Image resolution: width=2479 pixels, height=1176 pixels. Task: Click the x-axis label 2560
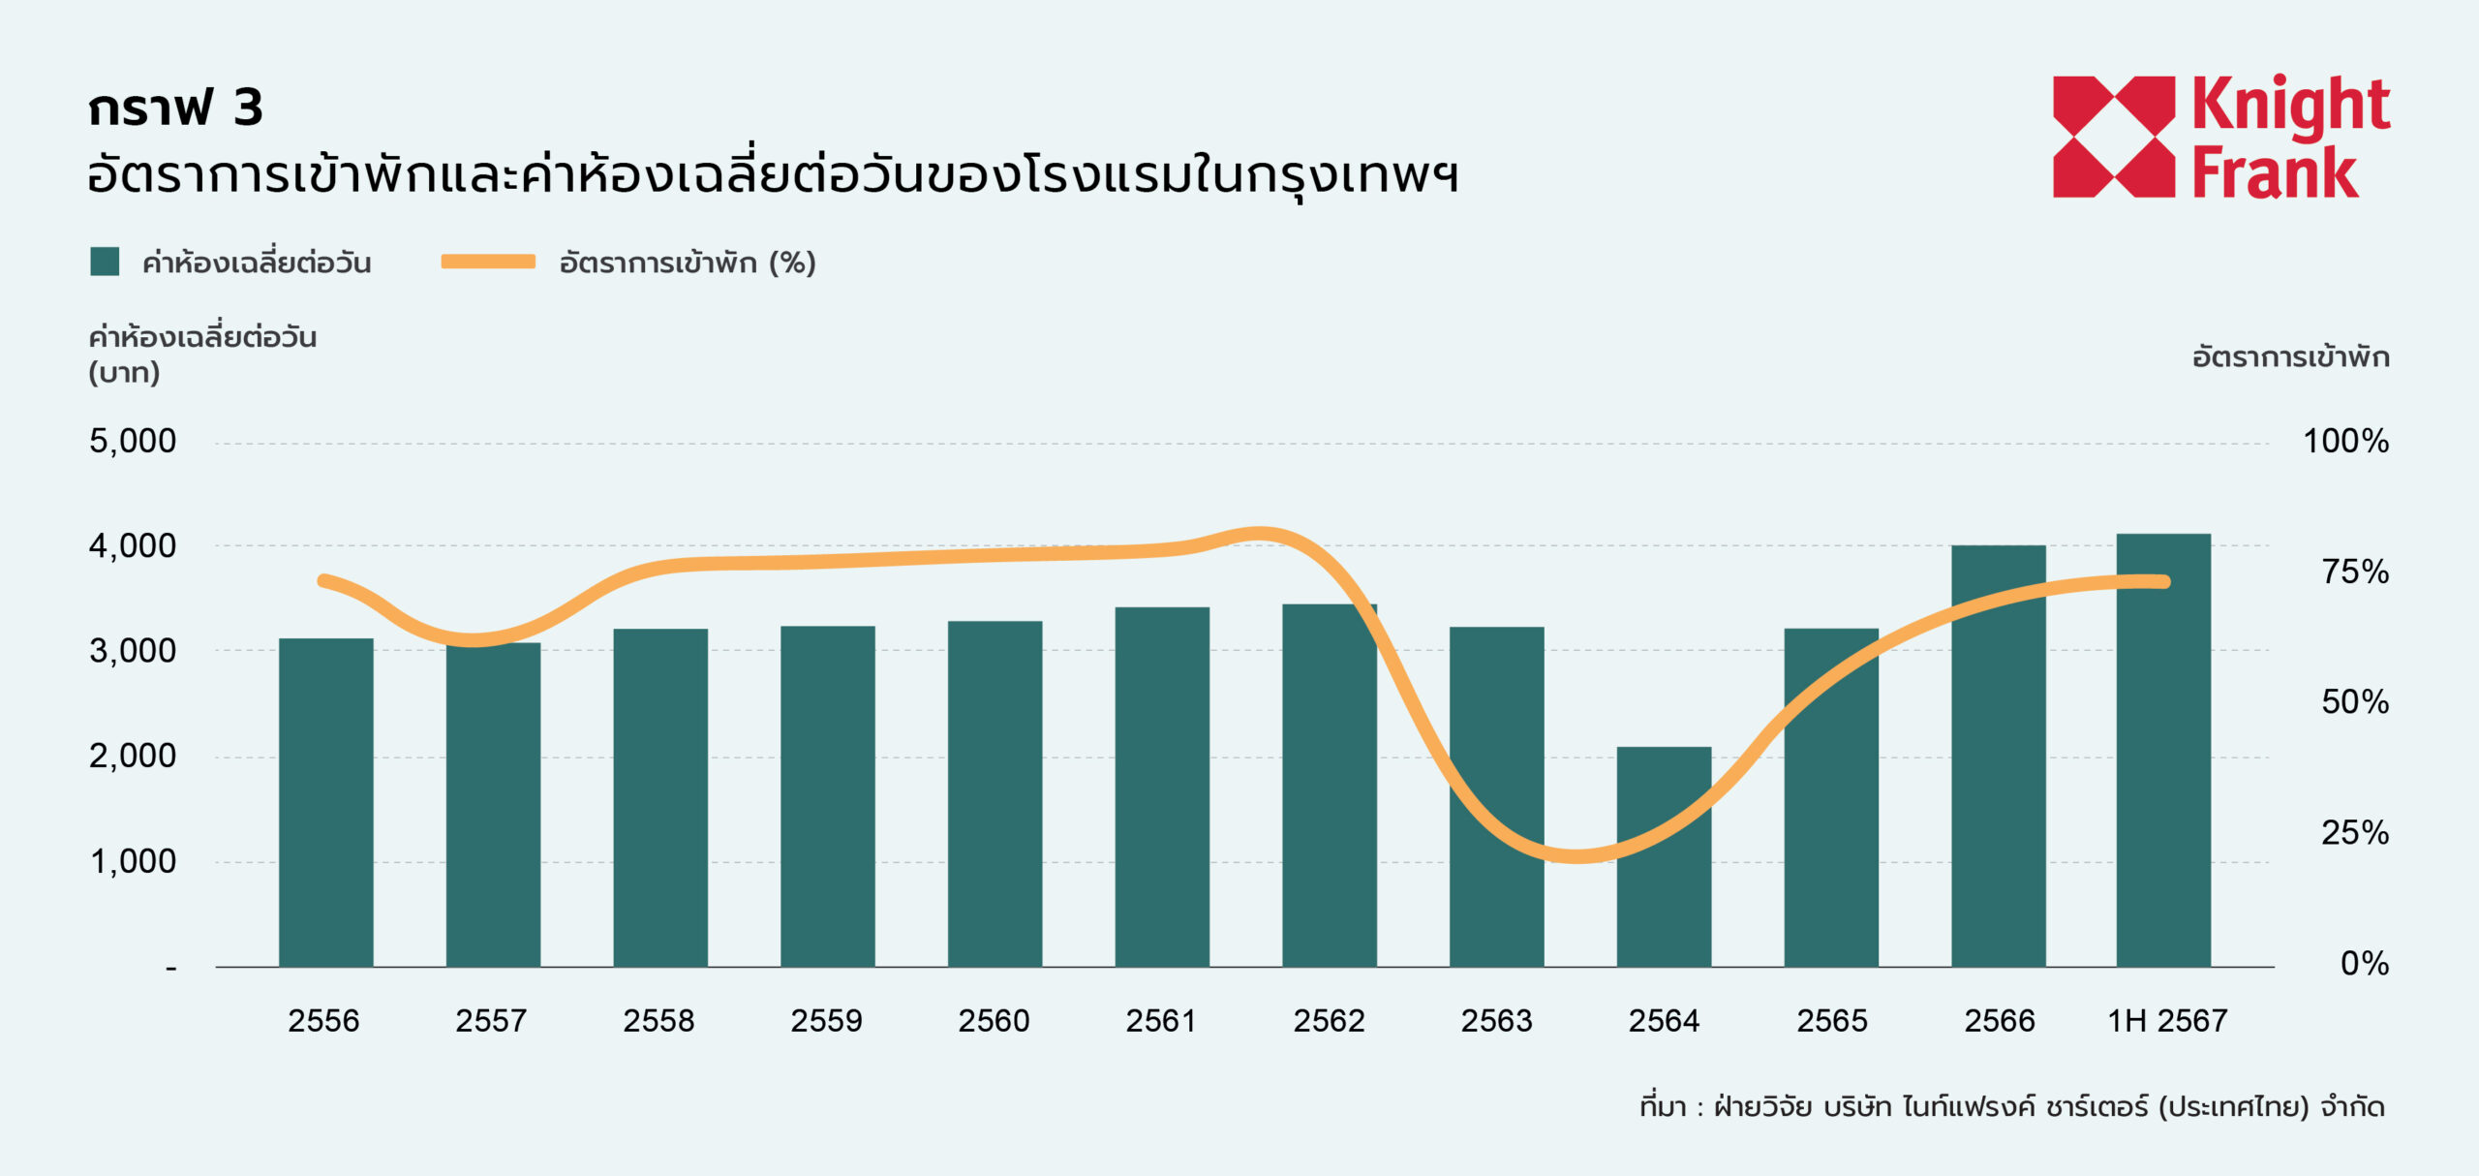(994, 1020)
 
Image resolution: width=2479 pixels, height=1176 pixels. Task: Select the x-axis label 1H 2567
(2167, 1020)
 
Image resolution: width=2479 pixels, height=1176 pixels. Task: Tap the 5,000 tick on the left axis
(133, 442)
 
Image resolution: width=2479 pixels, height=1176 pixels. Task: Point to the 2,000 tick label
(133, 756)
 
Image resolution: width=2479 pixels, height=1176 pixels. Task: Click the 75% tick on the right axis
(2354, 572)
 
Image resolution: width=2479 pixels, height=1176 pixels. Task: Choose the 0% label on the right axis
(2364, 963)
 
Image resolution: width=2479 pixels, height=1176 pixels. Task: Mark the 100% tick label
(2345, 442)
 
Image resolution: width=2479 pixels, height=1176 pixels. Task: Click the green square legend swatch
(105, 262)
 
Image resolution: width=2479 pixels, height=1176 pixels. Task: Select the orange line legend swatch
(488, 262)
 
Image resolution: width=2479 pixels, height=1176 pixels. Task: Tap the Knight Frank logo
(2220, 137)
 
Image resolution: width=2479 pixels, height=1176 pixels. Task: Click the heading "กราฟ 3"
(175, 107)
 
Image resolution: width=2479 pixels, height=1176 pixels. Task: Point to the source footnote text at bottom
(2011, 1106)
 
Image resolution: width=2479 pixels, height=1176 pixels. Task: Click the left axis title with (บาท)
(201, 354)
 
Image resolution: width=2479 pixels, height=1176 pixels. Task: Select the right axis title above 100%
(2290, 357)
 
